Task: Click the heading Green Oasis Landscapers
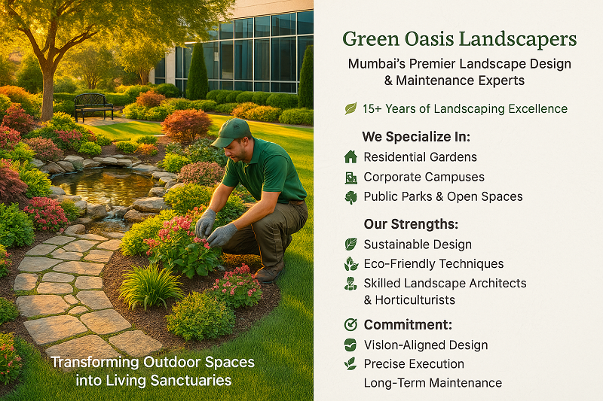[x=459, y=38]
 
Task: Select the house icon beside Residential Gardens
[x=350, y=157]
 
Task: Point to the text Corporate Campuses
[x=424, y=178]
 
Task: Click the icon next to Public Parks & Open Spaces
[x=350, y=197]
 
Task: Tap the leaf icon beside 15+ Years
[x=350, y=109]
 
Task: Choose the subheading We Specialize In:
[x=416, y=137]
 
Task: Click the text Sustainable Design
[x=418, y=245]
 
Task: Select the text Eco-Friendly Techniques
[x=433, y=264]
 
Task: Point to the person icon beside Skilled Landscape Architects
[x=350, y=284]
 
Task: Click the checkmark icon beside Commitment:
[x=350, y=325]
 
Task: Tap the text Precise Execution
[x=414, y=364]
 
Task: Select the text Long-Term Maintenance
[x=433, y=383]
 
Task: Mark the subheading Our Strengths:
[x=411, y=224]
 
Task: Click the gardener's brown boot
[x=270, y=271]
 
